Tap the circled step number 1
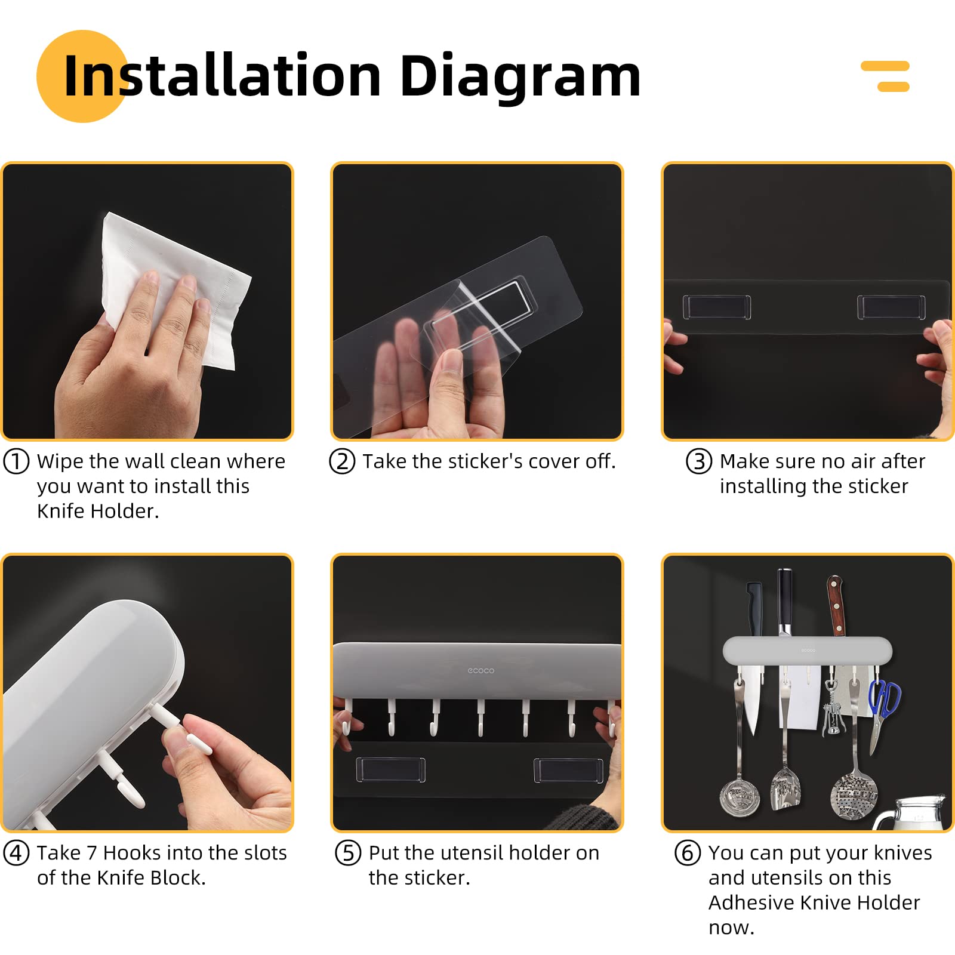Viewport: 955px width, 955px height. (x=16, y=461)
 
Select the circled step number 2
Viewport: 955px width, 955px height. (x=342, y=461)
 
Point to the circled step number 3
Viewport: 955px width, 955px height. (x=699, y=461)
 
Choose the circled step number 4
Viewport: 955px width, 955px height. (x=16, y=853)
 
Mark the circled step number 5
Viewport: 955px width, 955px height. (x=348, y=853)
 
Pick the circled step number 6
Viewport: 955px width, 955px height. (x=688, y=853)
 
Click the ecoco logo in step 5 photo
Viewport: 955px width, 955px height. (x=481, y=671)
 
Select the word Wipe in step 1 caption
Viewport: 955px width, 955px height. (x=60, y=462)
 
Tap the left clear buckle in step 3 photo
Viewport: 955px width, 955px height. (x=717, y=307)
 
